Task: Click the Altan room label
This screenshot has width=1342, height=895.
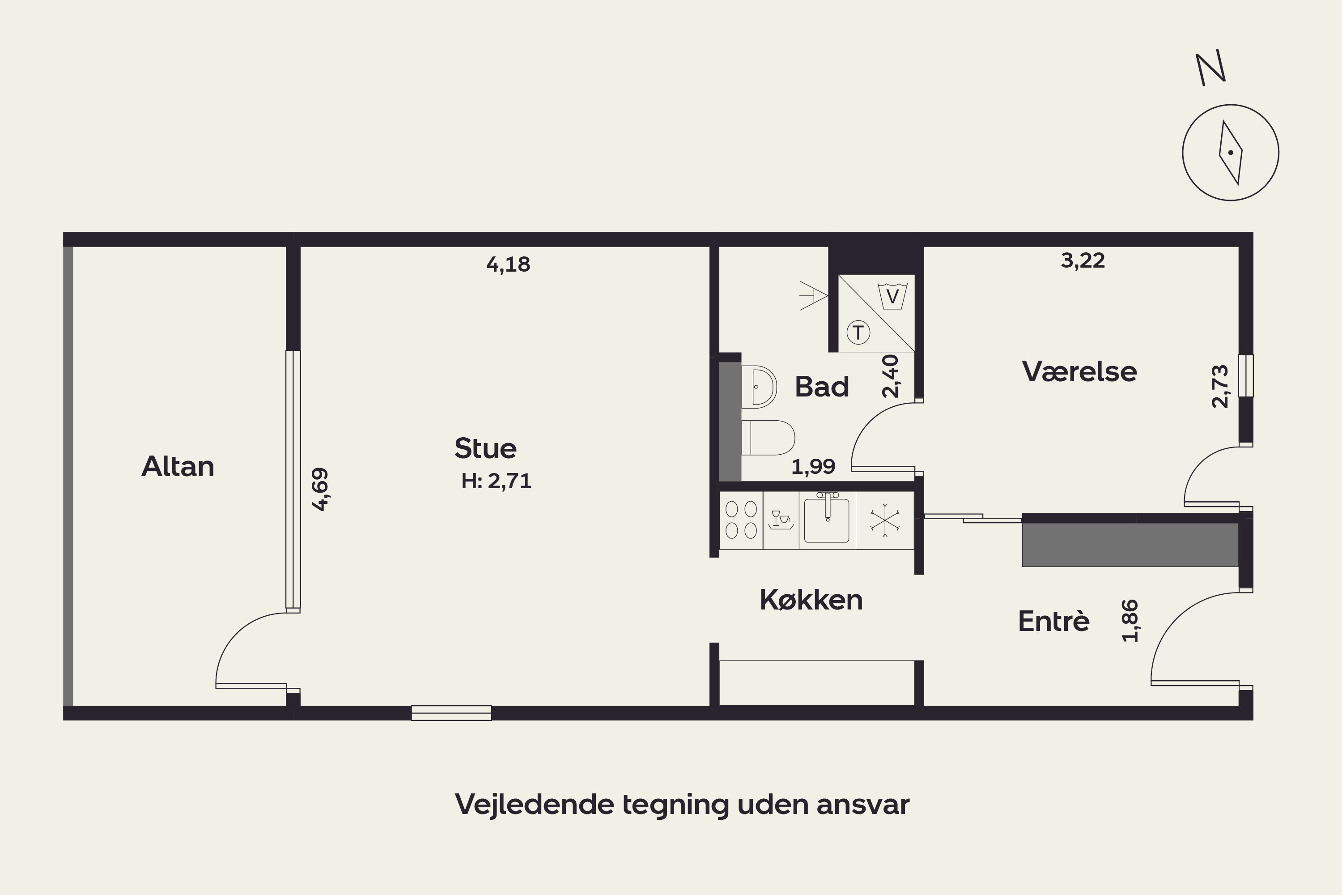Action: pos(178,466)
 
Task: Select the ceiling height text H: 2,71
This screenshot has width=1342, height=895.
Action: pos(497,481)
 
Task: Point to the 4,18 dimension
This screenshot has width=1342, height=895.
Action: pos(508,264)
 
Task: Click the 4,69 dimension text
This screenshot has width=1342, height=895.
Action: pos(320,489)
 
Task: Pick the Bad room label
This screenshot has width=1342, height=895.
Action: pos(822,387)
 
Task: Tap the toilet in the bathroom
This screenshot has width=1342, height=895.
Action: pos(768,438)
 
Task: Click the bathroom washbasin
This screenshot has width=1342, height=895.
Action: pos(759,387)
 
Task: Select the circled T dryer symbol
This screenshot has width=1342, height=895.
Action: pos(858,332)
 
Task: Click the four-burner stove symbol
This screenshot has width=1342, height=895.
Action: pos(741,520)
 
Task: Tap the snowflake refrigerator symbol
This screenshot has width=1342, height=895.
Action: pos(884,520)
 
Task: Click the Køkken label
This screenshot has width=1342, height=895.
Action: pos(811,600)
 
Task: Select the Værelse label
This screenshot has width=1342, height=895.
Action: pos(1079,371)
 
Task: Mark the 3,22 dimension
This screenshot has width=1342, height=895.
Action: pos(1083,260)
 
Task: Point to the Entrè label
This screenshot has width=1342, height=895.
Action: pos(1053,621)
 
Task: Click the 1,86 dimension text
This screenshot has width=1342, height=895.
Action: pos(1130,621)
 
